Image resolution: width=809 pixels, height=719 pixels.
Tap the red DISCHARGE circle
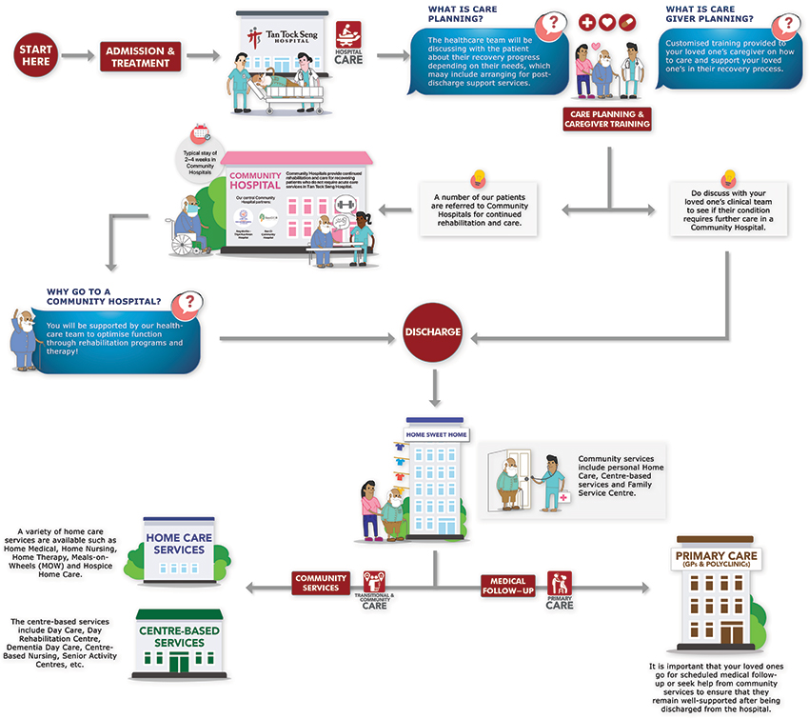(x=432, y=334)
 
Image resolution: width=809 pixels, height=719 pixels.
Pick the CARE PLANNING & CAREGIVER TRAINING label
(x=606, y=119)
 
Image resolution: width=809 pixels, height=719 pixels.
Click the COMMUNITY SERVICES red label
(x=320, y=583)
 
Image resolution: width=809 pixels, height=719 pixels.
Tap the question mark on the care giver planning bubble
(x=786, y=25)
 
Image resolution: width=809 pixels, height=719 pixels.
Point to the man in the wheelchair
(x=188, y=225)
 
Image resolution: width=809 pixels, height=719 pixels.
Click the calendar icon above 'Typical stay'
(x=201, y=132)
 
